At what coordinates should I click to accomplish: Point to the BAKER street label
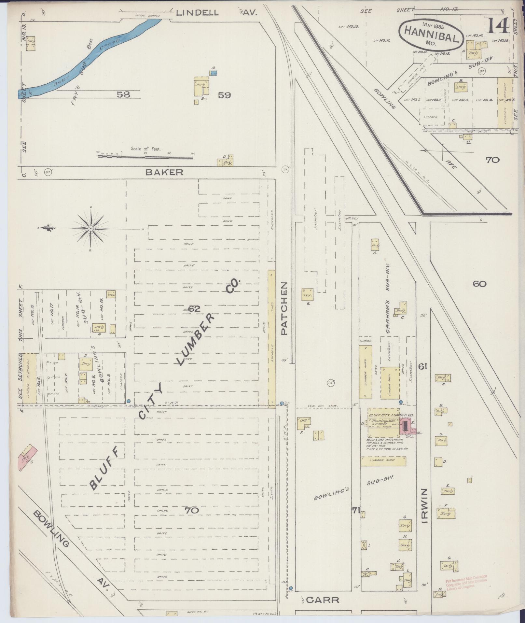point(164,172)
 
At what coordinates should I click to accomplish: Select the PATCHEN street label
point(284,308)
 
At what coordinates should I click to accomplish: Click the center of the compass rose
point(91,229)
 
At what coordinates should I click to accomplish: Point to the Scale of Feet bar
point(145,157)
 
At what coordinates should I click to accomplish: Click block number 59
point(224,95)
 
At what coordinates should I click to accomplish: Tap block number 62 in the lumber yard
point(194,308)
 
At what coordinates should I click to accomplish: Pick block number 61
point(422,367)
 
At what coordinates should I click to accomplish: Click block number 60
point(479,284)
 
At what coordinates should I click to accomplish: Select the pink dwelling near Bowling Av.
point(28,459)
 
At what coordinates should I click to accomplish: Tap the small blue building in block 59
point(213,74)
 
